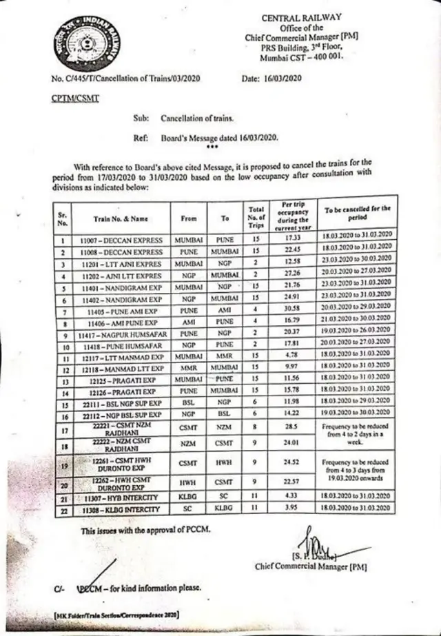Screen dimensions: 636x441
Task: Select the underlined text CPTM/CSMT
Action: [75, 99]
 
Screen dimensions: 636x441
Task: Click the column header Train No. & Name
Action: [121, 218]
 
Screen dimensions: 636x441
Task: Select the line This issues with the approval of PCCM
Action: [146, 531]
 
